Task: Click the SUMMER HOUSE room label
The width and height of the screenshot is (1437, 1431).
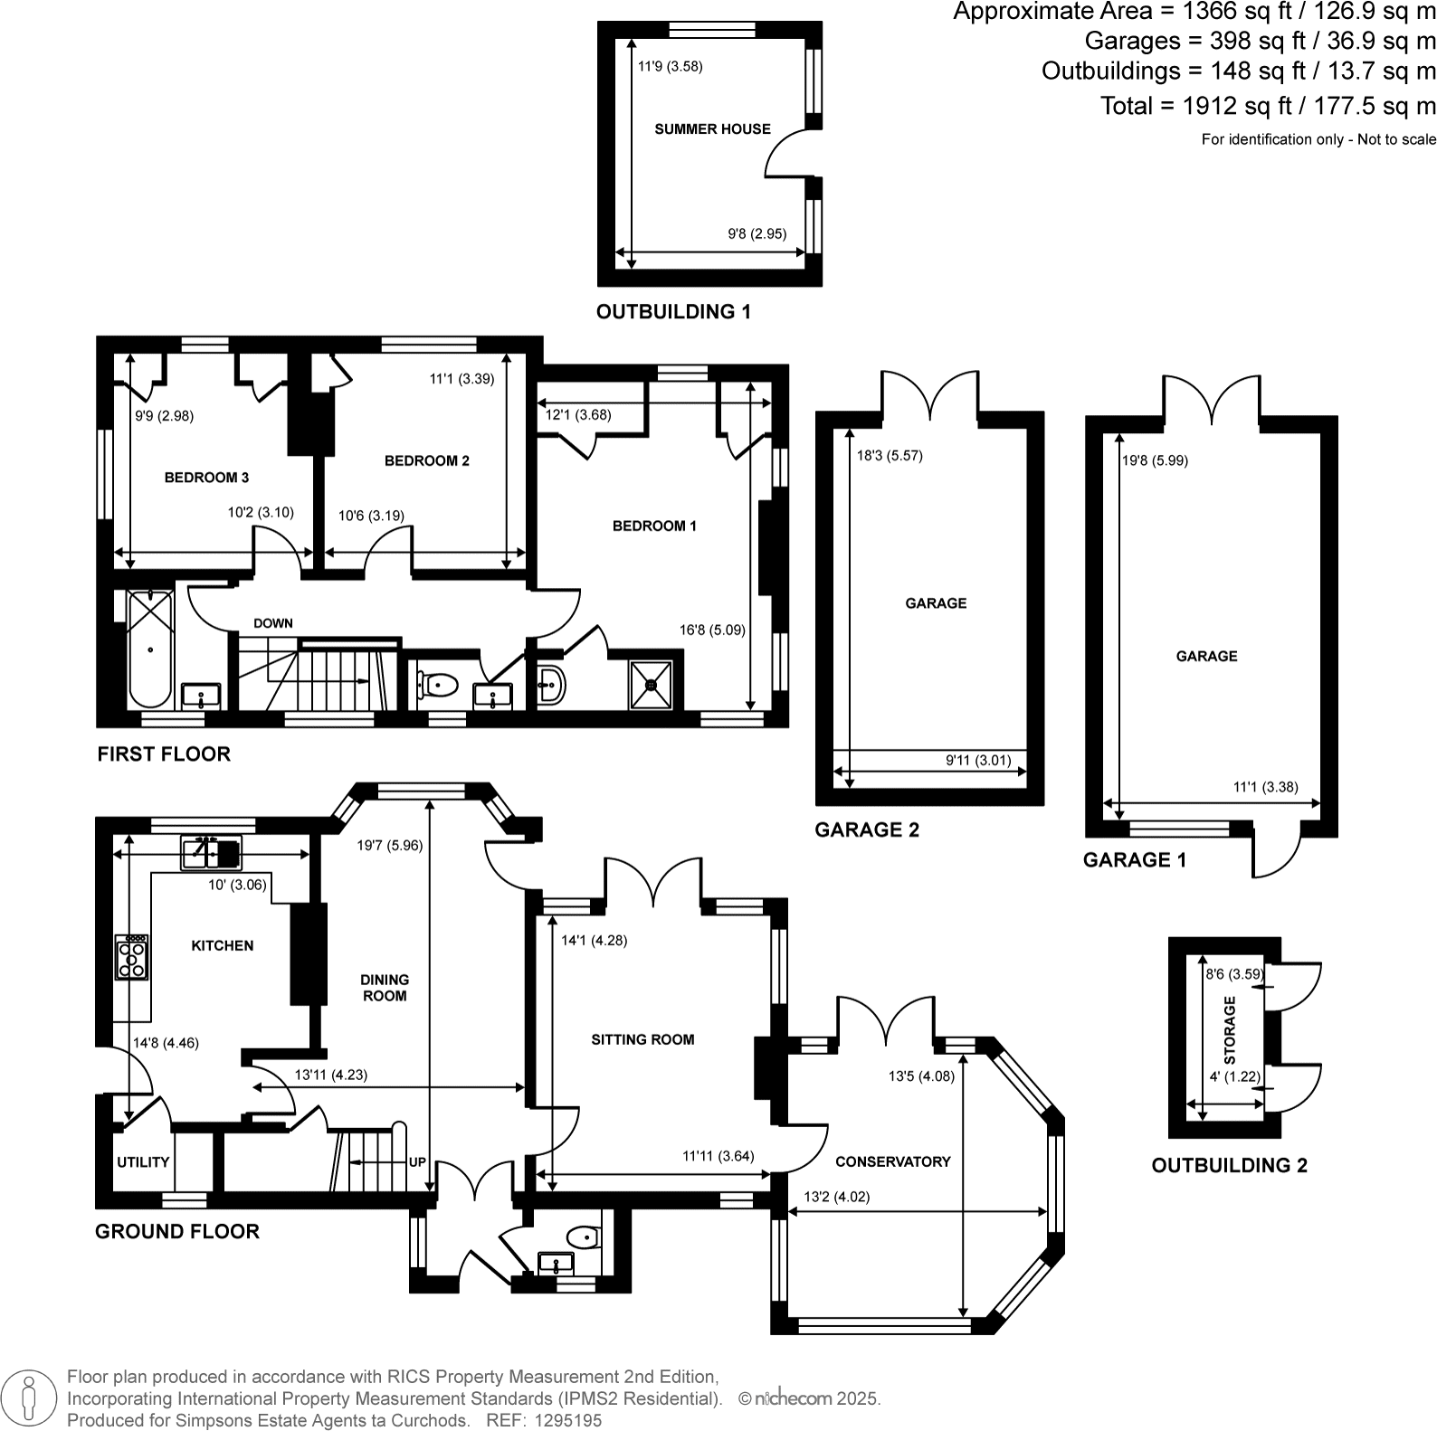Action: [x=712, y=129]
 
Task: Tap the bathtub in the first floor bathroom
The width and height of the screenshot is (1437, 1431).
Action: [x=150, y=649]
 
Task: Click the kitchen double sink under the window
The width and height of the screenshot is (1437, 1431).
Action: [x=212, y=852]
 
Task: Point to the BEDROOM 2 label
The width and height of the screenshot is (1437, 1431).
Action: [x=426, y=461]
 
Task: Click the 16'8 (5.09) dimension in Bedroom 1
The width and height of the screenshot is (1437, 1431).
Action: [x=712, y=630]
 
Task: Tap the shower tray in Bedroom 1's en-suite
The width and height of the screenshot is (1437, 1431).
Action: [x=652, y=685]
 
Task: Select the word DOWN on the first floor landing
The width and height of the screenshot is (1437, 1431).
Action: [x=272, y=623]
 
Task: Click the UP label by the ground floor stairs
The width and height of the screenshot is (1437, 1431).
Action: [x=417, y=1162]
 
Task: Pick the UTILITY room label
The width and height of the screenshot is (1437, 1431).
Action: [x=143, y=1162]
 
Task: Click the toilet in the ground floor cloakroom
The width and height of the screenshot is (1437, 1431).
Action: [x=583, y=1236]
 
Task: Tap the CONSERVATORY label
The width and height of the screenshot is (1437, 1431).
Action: [x=892, y=1162]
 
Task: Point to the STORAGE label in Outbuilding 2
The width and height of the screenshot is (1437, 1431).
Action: [x=1230, y=1029]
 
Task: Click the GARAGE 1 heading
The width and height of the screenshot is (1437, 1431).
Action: [x=1134, y=860]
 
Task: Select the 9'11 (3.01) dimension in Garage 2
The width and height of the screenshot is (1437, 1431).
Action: [x=978, y=761]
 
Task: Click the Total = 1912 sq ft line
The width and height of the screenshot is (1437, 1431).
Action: [x=1267, y=106]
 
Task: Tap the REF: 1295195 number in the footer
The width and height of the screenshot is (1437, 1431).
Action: [x=544, y=1420]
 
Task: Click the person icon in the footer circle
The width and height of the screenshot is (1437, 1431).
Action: [x=31, y=1398]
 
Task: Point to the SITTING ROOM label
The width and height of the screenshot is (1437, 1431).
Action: [x=642, y=1040]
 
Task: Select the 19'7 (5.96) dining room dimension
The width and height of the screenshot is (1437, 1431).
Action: [x=389, y=846]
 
